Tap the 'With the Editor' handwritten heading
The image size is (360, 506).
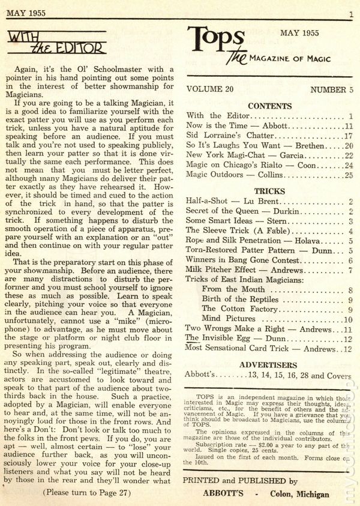point(58,44)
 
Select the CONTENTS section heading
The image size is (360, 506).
point(269,106)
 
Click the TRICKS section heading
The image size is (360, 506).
point(269,191)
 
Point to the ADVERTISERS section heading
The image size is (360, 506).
point(268,364)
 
